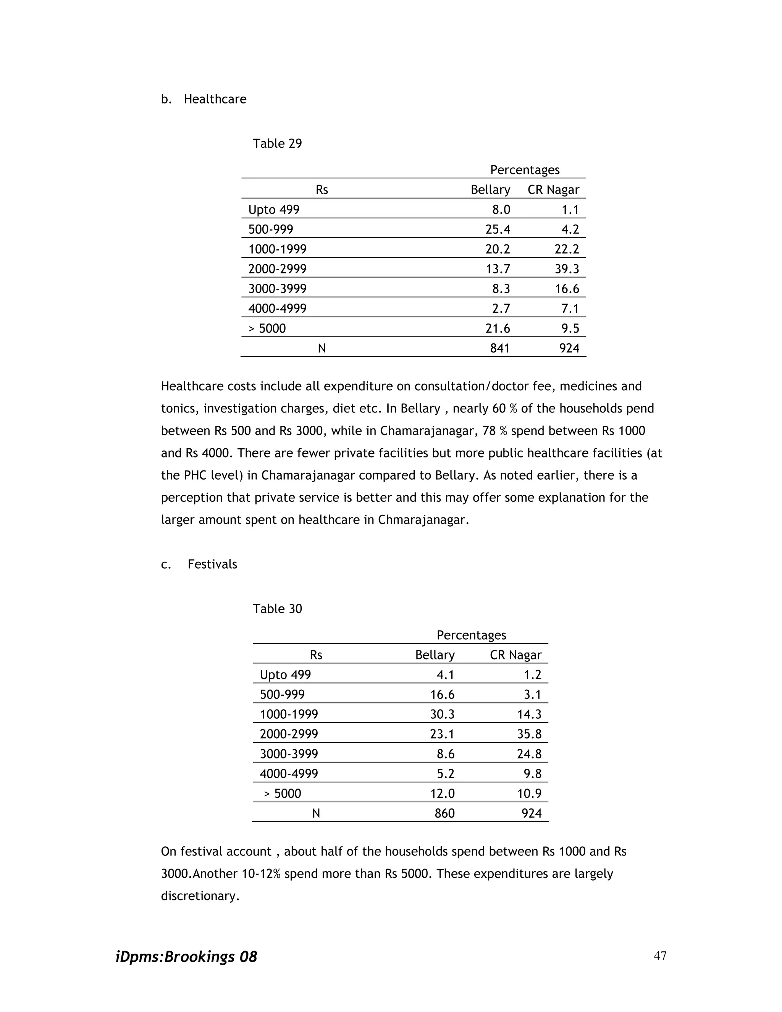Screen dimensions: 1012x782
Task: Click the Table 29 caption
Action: [x=277, y=144]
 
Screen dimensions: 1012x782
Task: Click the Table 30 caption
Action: [x=277, y=609]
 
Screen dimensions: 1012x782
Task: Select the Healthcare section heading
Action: [x=215, y=99]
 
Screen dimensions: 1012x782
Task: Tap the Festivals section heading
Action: [x=212, y=564]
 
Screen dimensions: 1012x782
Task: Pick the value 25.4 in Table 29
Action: [x=498, y=230]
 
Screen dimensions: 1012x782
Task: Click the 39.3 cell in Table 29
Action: [x=567, y=269]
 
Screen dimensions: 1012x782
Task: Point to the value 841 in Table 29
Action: [x=500, y=348]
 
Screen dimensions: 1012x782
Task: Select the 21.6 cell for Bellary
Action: [x=498, y=328]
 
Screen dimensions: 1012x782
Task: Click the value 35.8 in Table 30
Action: [x=529, y=734]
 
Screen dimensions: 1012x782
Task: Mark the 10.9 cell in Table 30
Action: [x=529, y=794]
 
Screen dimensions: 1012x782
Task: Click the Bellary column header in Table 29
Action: [x=490, y=190]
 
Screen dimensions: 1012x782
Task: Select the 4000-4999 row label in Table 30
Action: [x=289, y=774]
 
